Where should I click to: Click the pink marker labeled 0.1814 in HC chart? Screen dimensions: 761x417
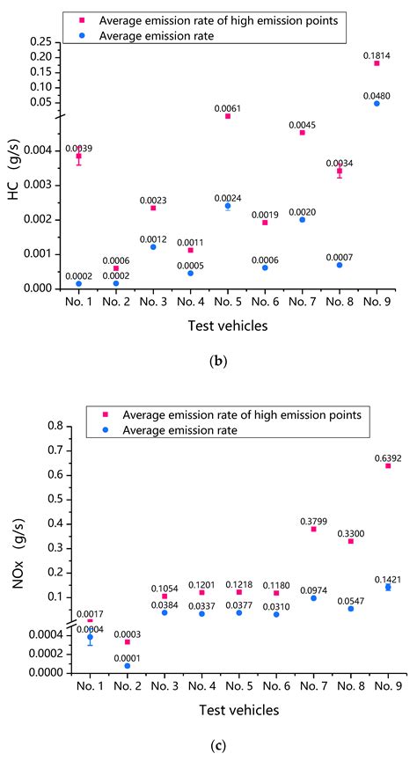377,63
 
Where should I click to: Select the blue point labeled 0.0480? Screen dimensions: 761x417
377,103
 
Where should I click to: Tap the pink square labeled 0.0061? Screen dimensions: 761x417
228,116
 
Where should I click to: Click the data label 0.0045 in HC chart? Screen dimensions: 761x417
302,124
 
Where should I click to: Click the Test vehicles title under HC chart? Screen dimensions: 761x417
227,326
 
